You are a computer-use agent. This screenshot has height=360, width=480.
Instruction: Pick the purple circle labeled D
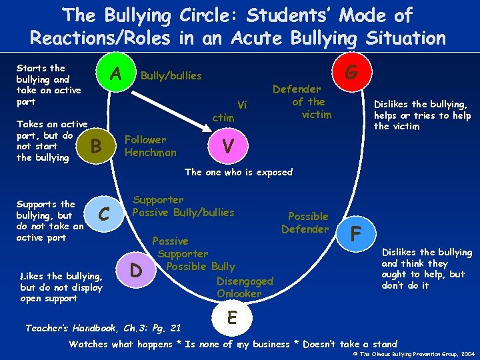click(135, 271)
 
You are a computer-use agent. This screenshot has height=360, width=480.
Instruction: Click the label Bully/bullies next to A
click(171, 76)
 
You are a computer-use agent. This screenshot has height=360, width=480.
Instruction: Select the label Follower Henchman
click(151, 146)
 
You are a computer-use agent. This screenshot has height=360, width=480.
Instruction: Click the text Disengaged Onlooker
click(240, 287)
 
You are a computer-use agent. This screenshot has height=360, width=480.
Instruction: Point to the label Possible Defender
click(306, 223)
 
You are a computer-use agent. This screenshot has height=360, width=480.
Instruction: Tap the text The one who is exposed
click(238, 172)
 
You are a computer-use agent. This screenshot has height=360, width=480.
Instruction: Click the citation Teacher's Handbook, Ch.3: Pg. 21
click(103, 328)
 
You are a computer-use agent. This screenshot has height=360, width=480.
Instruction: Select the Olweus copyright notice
click(412, 353)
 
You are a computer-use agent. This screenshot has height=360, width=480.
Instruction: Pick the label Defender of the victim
click(309, 101)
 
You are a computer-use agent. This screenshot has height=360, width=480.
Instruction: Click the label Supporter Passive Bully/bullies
click(183, 206)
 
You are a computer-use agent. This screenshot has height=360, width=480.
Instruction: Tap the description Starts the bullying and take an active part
click(49, 85)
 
